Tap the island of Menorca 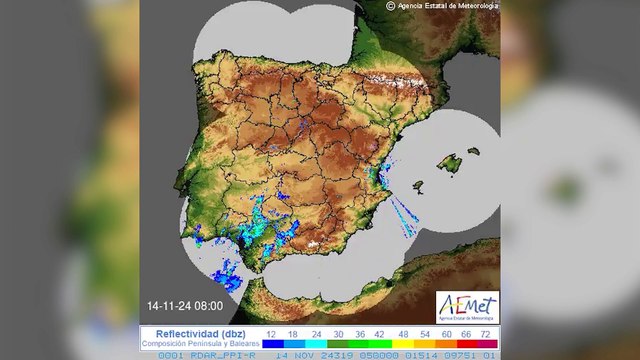click(x=474, y=152)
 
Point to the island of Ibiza click(x=416, y=186)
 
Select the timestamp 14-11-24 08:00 click(x=185, y=304)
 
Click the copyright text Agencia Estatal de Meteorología click(x=448, y=5)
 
